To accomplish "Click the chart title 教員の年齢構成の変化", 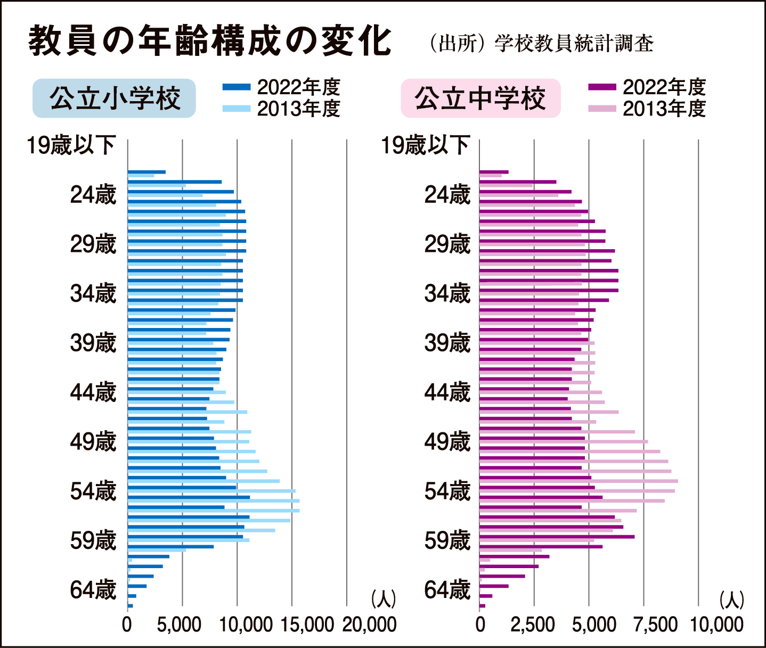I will click(x=210, y=40).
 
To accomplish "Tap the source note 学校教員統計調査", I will click(x=574, y=43).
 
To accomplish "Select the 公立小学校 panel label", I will click(x=114, y=99).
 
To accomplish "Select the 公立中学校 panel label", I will click(x=480, y=99).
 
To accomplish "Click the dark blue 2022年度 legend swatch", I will click(x=236, y=87).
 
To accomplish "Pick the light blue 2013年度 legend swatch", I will click(x=236, y=109).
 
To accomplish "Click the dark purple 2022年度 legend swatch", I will click(x=602, y=87).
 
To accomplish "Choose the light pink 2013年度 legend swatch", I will click(x=602, y=109).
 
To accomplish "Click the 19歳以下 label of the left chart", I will click(x=71, y=145).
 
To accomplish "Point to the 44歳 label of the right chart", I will click(x=447, y=393).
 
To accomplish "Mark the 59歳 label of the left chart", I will click(x=93, y=541).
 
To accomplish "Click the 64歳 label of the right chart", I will click(x=447, y=590).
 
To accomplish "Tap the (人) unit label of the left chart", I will click(x=384, y=599).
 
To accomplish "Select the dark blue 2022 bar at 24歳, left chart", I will click(x=181, y=192).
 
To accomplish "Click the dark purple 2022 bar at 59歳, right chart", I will click(x=557, y=537).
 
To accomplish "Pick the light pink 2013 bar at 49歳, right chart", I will click(x=564, y=441).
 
